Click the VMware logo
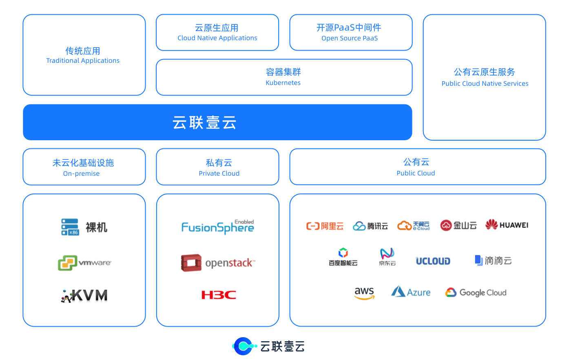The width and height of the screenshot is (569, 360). tap(85, 263)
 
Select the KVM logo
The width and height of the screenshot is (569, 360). tap(83, 296)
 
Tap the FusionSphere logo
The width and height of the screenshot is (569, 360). tap(218, 226)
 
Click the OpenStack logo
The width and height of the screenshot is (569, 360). tap(218, 263)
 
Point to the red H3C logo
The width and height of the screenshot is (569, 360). tap(219, 295)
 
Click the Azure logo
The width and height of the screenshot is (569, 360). tap(410, 292)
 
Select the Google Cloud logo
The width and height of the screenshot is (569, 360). tap(476, 293)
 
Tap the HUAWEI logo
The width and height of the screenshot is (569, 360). tap(507, 224)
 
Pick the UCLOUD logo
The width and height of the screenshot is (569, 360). tap(433, 261)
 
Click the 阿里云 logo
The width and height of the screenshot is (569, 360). tap(324, 226)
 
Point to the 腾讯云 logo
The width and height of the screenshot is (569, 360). tap(370, 226)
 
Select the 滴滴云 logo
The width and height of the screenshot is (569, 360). tap(493, 261)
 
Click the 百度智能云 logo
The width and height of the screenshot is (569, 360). tap(343, 256)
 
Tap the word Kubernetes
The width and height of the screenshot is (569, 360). tap(283, 83)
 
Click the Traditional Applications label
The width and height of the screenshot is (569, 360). tap(83, 61)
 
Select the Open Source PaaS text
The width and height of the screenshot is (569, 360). tap(350, 38)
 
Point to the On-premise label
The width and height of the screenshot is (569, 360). tap(82, 174)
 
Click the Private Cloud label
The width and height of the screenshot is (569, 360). tap(219, 173)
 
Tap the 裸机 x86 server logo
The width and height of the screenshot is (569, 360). tap(84, 227)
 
